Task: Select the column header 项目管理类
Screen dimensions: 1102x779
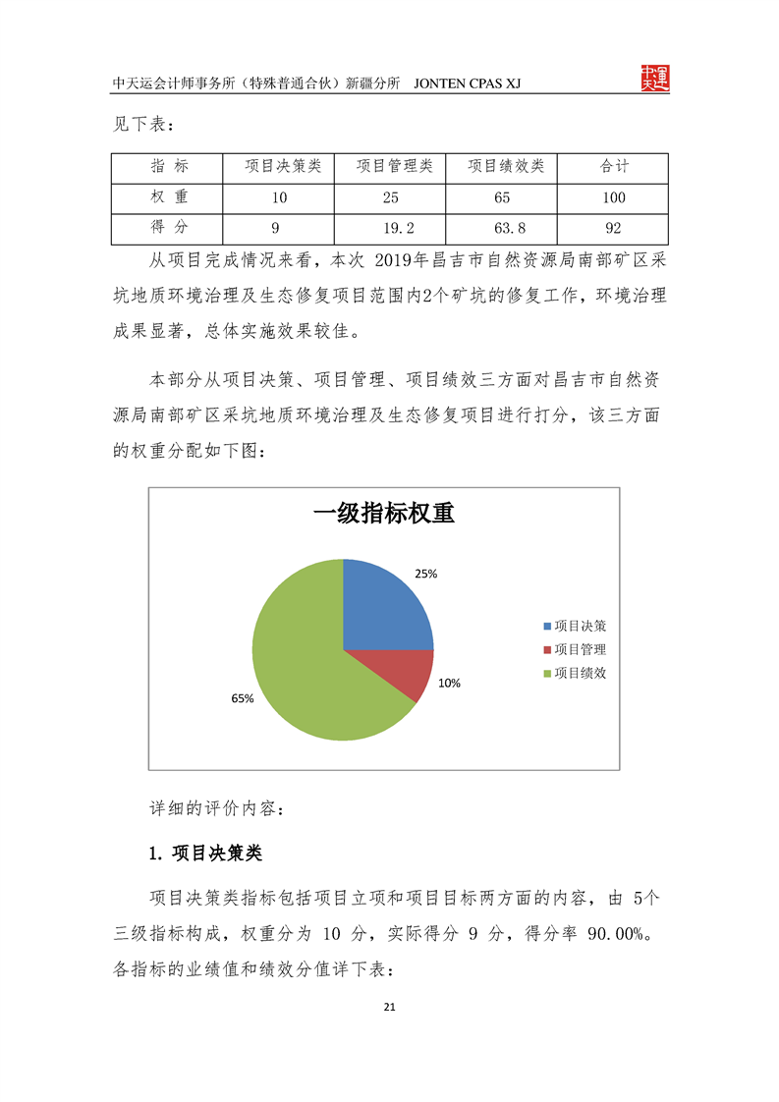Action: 390,167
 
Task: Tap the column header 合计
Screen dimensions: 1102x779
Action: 613,167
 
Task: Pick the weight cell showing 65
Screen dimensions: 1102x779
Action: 502,197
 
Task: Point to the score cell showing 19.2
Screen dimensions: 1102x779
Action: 390,228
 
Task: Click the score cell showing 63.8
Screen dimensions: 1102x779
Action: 502,228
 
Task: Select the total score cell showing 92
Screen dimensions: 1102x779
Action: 613,228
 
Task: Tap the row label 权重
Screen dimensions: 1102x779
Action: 168,197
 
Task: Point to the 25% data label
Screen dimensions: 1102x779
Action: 425,574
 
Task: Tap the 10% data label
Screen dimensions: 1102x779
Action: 449,683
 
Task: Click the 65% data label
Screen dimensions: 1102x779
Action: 242,698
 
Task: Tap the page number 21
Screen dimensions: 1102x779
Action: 389,1007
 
